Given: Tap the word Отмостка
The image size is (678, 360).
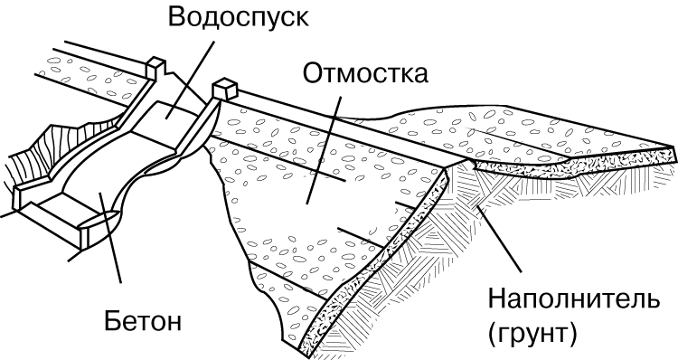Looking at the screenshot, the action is (365, 73).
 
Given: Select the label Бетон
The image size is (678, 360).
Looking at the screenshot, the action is (143, 321).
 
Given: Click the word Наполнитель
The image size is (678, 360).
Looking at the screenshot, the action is (574, 299).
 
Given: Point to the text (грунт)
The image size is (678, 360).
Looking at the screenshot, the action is (532, 334).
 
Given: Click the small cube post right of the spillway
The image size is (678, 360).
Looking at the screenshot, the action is (225, 89).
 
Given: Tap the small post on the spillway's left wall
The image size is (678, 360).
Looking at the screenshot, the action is (155, 68).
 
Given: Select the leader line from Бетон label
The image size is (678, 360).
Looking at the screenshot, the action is (110, 238).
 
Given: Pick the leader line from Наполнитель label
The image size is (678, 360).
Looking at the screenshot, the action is (498, 239).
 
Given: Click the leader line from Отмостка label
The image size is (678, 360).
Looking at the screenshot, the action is (324, 150).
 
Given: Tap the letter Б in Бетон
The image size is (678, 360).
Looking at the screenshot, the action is (112, 321).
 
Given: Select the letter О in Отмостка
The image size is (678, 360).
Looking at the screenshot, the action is (312, 73).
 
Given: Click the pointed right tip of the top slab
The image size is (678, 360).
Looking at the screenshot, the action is (675, 148).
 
